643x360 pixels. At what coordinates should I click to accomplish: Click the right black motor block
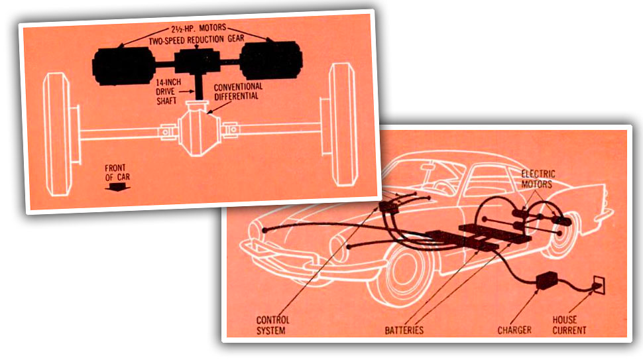(271, 60)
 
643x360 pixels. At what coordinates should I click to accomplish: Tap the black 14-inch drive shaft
(200, 87)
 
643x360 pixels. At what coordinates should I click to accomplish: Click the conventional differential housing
(200, 129)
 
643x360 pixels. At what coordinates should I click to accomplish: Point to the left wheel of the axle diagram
(57, 134)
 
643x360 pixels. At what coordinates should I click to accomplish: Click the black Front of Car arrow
(118, 187)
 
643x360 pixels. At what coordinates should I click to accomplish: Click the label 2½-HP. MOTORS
(198, 29)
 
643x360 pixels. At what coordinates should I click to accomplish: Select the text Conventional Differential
(238, 91)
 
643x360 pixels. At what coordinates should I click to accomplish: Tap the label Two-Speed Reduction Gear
(196, 40)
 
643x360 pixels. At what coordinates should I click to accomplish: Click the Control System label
(272, 325)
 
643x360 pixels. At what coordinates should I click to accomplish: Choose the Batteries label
(404, 330)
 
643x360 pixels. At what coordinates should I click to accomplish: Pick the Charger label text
(514, 330)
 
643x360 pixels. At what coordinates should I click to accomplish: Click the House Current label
(569, 325)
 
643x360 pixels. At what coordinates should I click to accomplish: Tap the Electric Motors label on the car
(538, 179)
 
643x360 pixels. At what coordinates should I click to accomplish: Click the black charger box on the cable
(547, 280)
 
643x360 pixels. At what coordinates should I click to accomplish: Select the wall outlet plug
(599, 285)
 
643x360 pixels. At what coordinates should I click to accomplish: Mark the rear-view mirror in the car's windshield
(428, 166)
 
